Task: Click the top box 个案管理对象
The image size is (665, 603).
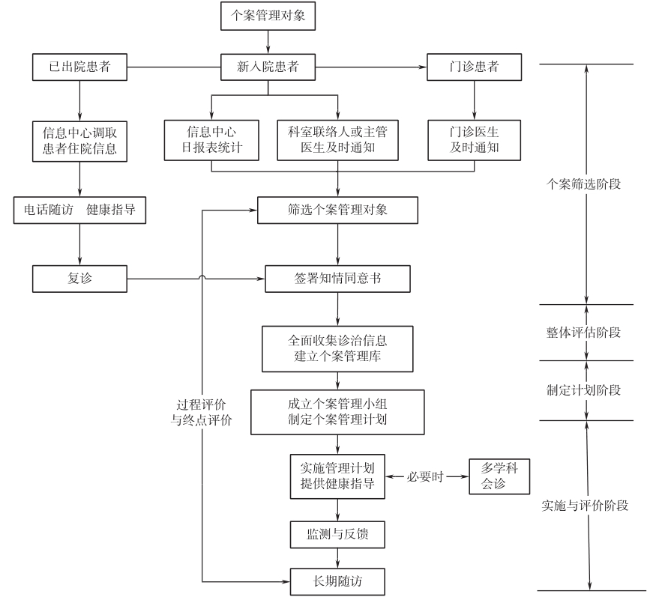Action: [268, 16]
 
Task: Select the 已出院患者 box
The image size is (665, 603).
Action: [79, 67]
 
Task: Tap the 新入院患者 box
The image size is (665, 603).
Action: [268, 67]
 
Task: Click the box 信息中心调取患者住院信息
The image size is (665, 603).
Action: [79, 140]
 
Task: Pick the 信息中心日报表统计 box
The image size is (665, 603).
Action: [211, 140]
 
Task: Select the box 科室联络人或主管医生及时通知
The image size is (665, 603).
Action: [337, 140]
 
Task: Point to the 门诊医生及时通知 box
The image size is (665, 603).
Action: [474, 140]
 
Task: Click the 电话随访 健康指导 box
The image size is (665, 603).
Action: [79, 210]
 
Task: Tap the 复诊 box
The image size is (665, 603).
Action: [79, 279]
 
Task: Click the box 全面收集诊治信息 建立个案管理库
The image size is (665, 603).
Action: [337, 348]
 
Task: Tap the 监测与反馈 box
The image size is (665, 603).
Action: [337, 535]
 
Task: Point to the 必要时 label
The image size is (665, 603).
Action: [427, 476]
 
